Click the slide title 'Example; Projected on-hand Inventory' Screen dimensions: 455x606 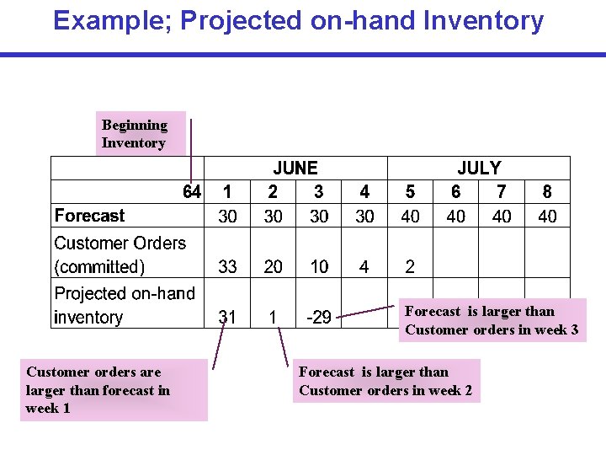click(298, 20)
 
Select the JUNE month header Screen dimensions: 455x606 click(295, 169)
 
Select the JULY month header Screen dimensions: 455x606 click(478, 169)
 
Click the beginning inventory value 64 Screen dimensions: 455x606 click(192, 192)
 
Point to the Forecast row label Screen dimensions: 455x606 click(89, 216)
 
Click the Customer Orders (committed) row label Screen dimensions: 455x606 click(120, 254)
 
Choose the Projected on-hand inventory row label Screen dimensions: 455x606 click(124, 305)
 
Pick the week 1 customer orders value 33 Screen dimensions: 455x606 click(227, 267)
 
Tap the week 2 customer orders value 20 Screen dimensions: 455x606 click(274, 267)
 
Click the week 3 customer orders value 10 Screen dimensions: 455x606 click(319, 267)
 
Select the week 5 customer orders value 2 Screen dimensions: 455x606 click(410, 267)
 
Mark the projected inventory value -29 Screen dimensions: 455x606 click(318, 318)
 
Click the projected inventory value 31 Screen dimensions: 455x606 click(227, 318)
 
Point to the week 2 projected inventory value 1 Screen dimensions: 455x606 click(273, 318)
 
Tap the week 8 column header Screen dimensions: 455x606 click(547, 192)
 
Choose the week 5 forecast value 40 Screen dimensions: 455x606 click(410, 217)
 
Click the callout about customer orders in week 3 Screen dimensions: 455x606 click(492, 320)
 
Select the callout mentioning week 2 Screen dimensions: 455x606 click(385, 381)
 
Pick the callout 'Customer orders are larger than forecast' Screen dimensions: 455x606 click(113, 389)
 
